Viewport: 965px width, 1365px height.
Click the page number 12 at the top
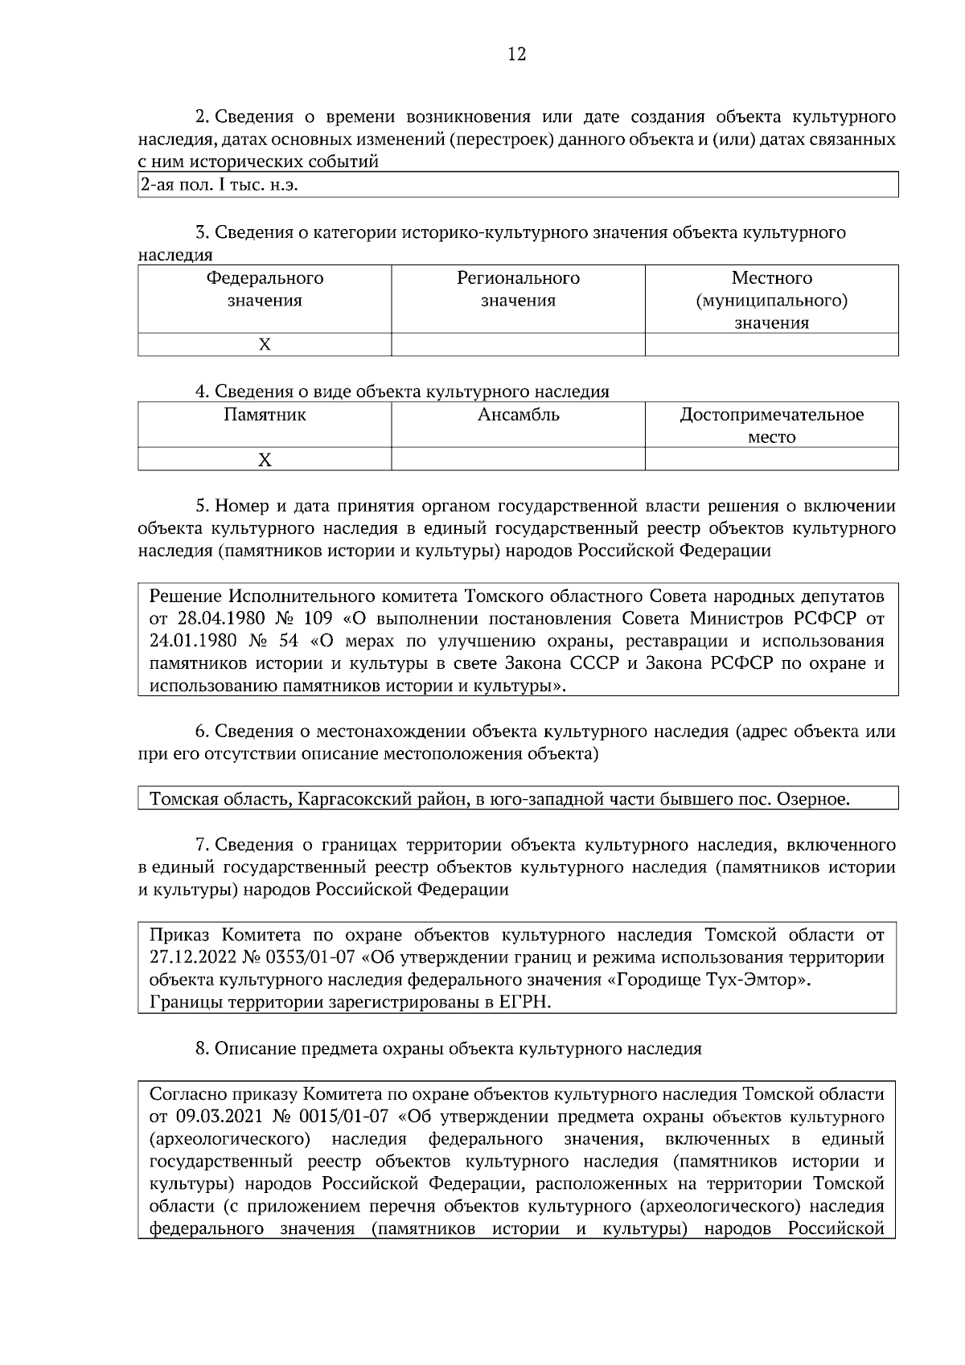(x=516, y=55)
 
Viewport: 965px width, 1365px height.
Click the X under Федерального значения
(x=265, y=344)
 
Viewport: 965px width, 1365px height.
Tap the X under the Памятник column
(x=265, y=459)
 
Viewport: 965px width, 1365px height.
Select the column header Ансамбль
(x=518, y=415)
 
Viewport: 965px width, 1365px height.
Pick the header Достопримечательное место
(x=771, y=425)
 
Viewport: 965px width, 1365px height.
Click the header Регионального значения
(x=518, y=289)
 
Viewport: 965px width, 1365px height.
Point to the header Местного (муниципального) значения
(x=771, y=300)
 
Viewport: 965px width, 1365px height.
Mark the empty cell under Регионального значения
(x=518, y=344)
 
